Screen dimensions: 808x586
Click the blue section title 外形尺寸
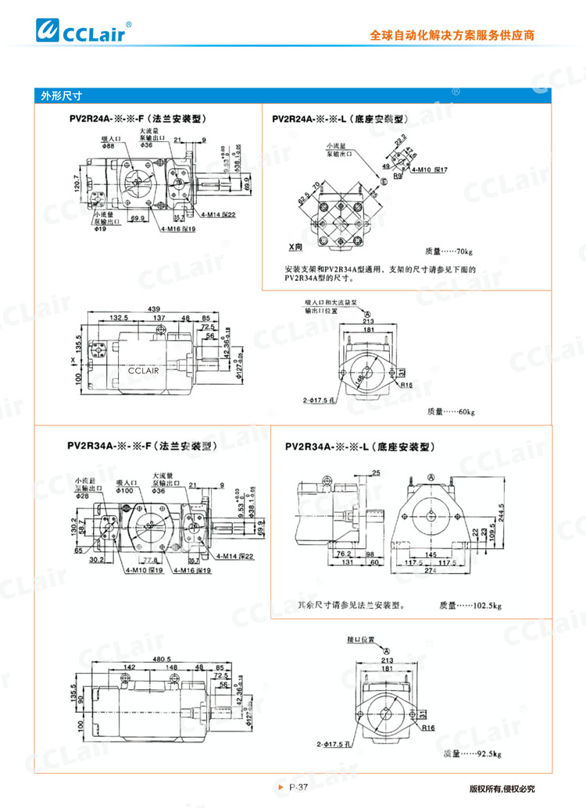(x=62, y=96)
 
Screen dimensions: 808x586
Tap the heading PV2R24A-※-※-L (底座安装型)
(x=341, y=119)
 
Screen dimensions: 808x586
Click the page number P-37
(x=296, y=788)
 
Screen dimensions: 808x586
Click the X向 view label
(x=295, y=247)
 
